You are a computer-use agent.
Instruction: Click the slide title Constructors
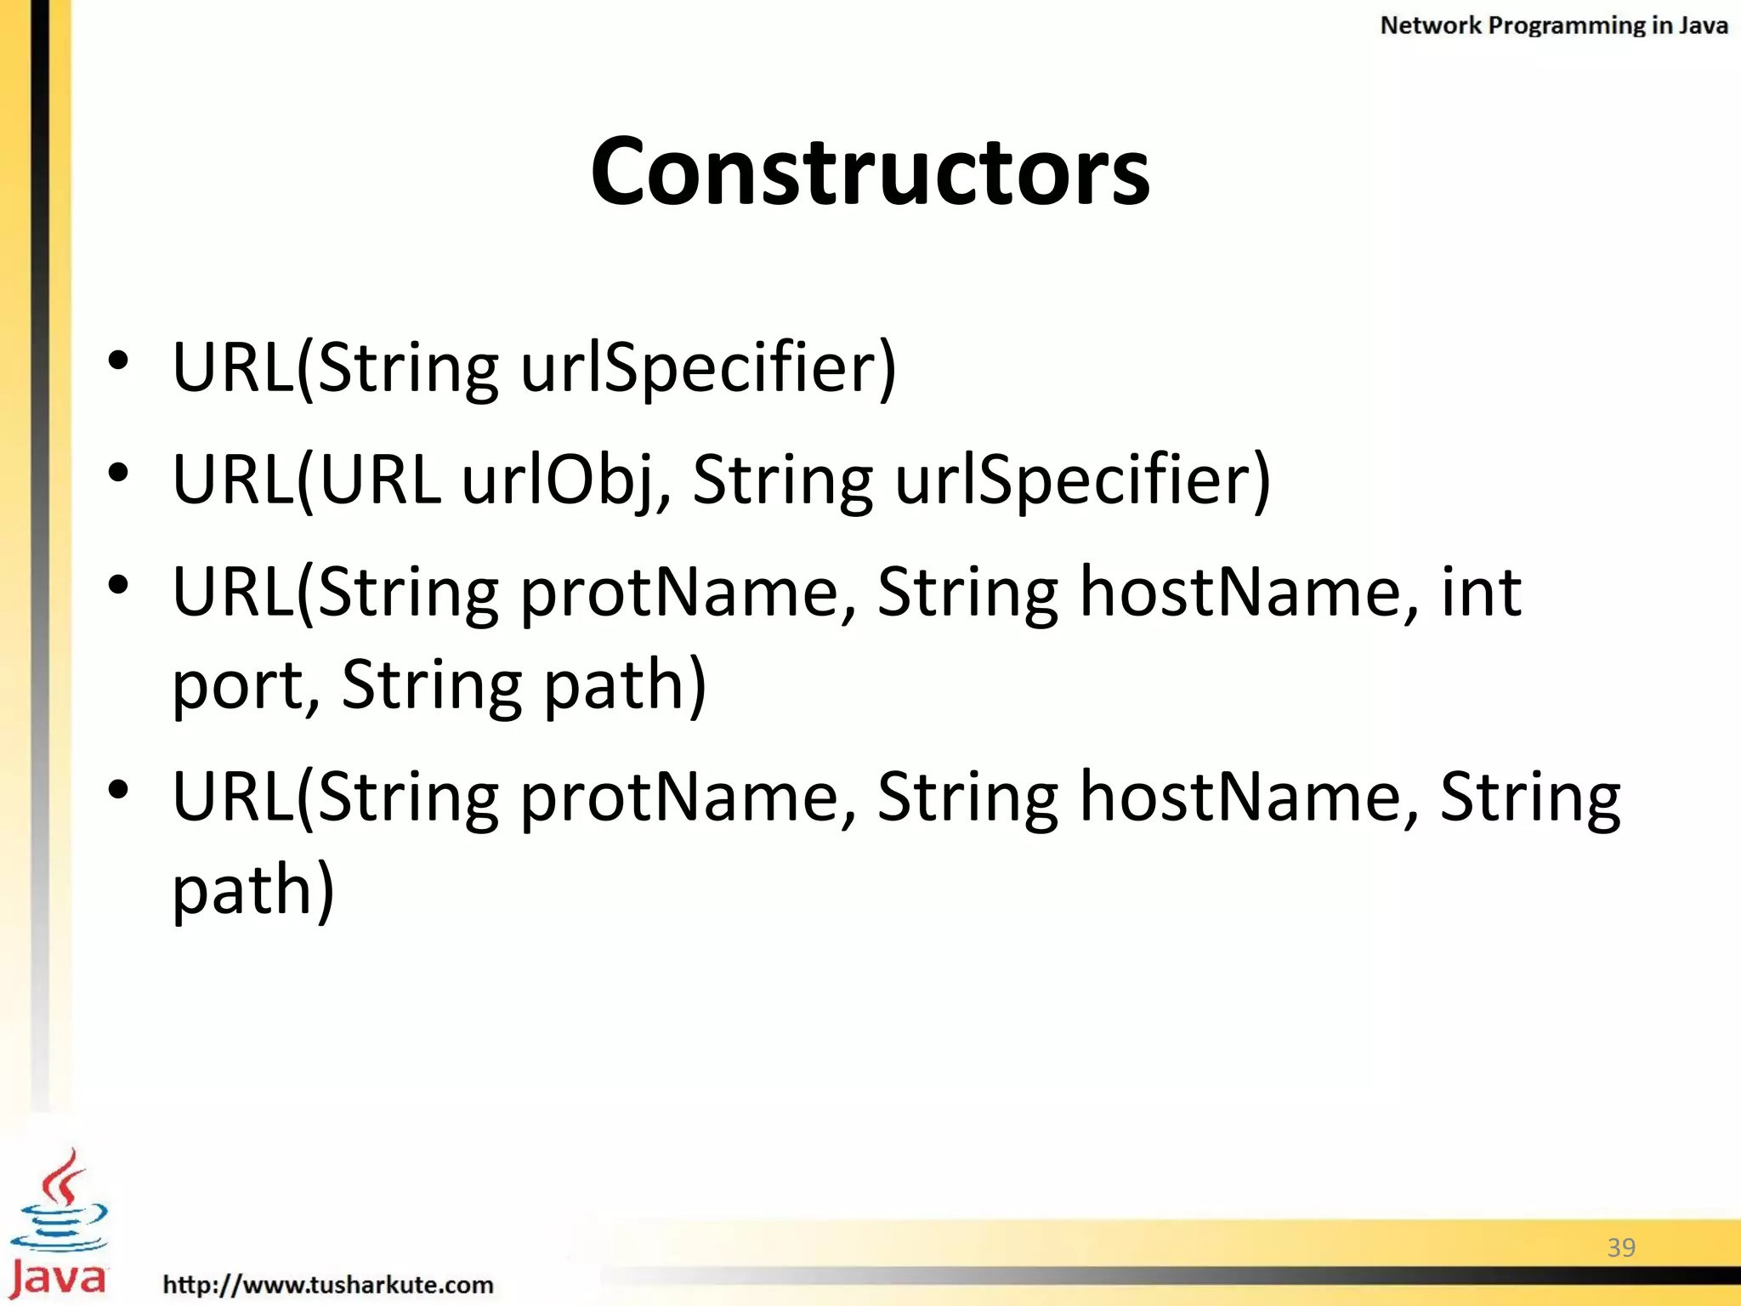click(870, 172)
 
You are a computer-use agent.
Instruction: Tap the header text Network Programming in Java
click(1553, 26)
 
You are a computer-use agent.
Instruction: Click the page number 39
click(1621, 1247)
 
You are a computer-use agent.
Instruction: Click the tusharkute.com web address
click(328, 1284)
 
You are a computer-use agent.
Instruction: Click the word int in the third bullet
click(1480, 592)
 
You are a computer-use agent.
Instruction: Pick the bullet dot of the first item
click(118, 361)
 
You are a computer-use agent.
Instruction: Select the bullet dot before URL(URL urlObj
click(118, 473)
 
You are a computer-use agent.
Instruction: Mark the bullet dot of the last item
click(118, 790)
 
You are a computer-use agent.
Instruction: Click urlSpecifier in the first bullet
click(707, 368)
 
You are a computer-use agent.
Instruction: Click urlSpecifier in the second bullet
click(1082, 480)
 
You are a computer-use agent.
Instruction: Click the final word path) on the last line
click(253, 889)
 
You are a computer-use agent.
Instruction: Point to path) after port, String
click(625, 685)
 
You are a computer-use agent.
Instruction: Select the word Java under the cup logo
click(58, 1277)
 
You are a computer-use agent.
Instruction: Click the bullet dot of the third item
click(118, 585)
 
